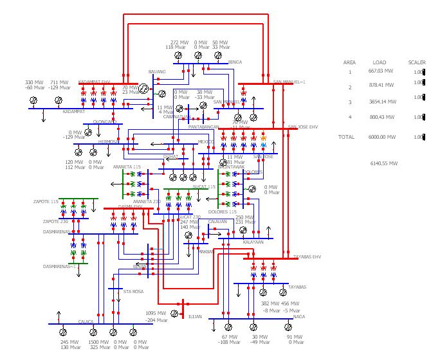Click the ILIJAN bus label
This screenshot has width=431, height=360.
pos(195,317)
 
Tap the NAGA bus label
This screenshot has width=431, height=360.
pos(298,317)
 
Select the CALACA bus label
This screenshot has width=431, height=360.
pos(86,321)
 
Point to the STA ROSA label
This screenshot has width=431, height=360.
pos(133,292)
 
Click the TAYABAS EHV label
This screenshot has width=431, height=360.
pos(307,256)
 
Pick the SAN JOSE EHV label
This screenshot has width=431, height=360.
pos(303,127)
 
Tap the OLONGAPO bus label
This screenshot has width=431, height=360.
pos(104,122)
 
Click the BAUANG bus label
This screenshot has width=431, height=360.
pos(157,71)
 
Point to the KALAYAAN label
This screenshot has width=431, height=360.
pos(253,242)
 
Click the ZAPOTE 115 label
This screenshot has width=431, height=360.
pos(46,201)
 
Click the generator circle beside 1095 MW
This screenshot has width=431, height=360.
pos(174,314)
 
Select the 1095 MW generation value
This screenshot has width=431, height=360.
pos(156,313)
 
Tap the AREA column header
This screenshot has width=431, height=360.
pos(349,62)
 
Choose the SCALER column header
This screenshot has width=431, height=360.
pos(417,62)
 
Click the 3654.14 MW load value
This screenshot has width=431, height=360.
pos(382,102)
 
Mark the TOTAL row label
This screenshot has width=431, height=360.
pos(346,137)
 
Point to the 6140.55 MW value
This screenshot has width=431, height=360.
pos(384,163)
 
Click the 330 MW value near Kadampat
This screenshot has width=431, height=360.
pos(33,82)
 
